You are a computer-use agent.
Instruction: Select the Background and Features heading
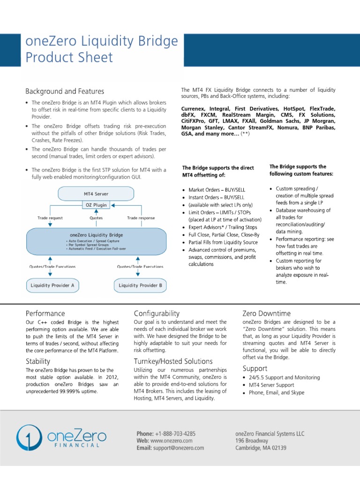[x=65, y=91]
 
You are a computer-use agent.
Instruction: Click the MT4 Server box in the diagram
[x=95, y=193]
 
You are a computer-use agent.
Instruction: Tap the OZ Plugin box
[x=96, y=205]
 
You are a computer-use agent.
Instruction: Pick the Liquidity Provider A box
[x=52, y=285]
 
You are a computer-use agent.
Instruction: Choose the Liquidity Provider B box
[x=141, y=285]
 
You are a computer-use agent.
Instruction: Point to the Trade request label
[x=50, y=218]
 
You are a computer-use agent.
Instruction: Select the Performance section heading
[x=45, y=313]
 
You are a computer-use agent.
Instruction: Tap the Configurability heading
[x=157, y=313]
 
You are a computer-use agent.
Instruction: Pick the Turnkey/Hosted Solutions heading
[x=173, y=361]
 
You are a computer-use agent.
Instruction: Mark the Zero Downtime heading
[x=266, y=313]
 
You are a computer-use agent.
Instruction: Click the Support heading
[x=255, y=368]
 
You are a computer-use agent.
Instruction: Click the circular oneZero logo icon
[x=27, y=438]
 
